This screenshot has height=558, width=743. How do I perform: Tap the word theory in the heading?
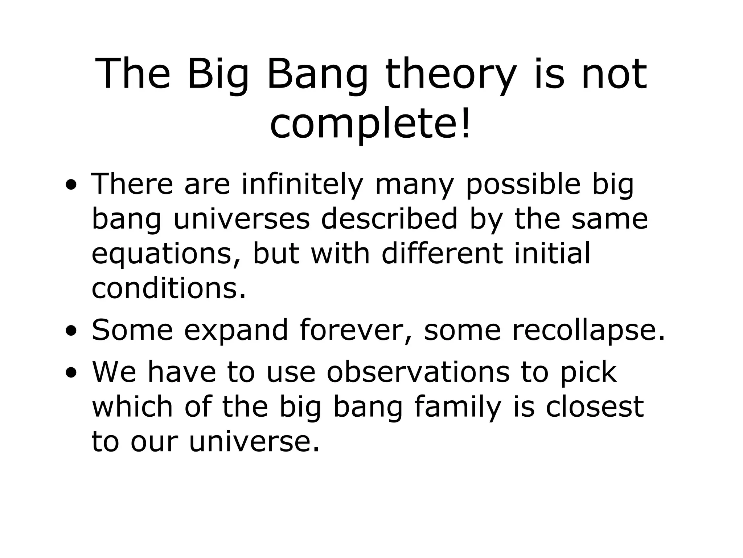[450, 75]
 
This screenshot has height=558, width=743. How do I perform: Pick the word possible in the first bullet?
[523, 185]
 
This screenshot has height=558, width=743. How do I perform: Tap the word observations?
[418, 372]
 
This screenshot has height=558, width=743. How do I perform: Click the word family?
[457, 407]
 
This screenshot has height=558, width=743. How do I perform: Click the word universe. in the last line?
[254, 442]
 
